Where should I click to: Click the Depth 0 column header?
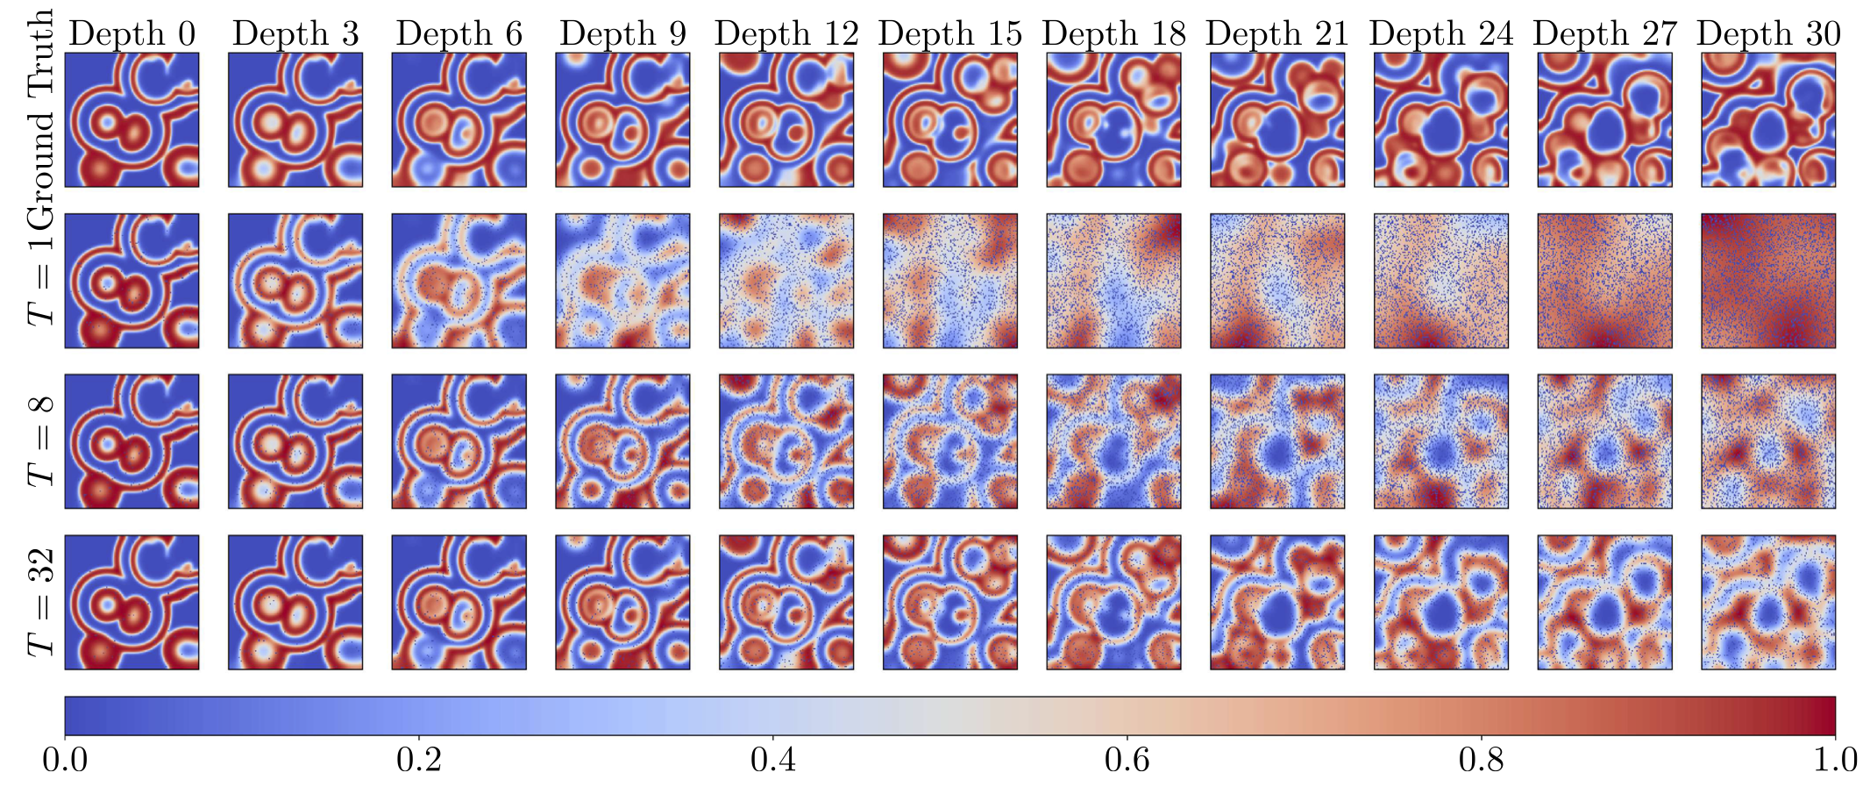point(132,34)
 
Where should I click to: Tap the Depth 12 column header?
point(786,34)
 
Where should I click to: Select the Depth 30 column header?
point(1767,34)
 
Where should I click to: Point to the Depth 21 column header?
point(1276,34)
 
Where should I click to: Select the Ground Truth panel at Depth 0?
point(132,119)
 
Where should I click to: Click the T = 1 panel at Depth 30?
point(1767,281)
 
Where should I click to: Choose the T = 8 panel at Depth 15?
point(949,441)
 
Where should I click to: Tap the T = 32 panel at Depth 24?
point(1440,602)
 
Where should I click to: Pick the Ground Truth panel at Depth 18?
point(1113,119)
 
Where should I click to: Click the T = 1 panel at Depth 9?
point(622,281)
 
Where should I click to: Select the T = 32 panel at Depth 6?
point(459,602)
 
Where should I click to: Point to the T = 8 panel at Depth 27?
point(1604,441)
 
